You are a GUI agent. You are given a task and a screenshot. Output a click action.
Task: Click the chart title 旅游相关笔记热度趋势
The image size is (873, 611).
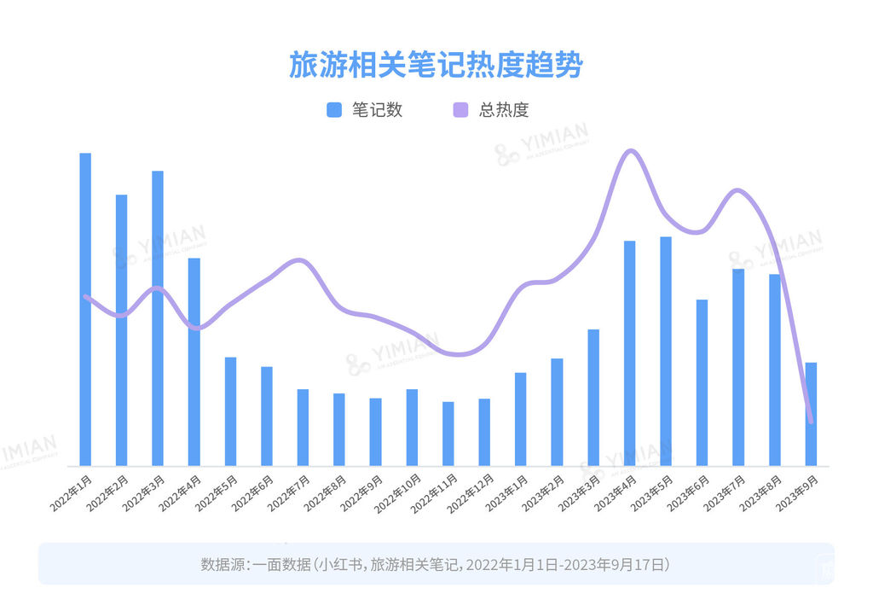click(x=436, y=66)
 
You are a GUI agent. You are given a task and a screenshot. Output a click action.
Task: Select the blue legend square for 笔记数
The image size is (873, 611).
click(x=334, y=110)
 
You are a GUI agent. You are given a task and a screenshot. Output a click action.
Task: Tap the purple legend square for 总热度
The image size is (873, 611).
click(x=461, y=110)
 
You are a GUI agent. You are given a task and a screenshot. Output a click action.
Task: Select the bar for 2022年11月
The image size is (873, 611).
click(x=448, y=434)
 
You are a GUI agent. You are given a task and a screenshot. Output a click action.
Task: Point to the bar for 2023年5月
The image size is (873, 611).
click(x=665, y=351)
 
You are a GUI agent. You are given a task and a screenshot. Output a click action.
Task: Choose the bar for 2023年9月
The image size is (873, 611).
click(x=811, y=414)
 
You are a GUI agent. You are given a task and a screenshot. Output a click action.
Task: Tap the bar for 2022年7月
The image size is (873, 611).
click(x=303, y=428)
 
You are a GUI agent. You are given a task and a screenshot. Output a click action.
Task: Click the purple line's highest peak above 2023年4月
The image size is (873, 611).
click(x=630, y=151)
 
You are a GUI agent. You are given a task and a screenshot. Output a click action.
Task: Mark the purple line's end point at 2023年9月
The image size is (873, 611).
click(x=810, y=421)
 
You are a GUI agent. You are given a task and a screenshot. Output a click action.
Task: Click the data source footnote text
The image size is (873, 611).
click(x=436, y=564)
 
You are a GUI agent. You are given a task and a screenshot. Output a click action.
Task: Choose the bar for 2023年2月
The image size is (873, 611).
click(x=557, y=412)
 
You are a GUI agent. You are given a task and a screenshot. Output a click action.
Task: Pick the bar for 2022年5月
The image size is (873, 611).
click(x=230, y=411)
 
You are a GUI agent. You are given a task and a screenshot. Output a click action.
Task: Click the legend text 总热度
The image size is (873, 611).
click(x=504, y=110)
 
